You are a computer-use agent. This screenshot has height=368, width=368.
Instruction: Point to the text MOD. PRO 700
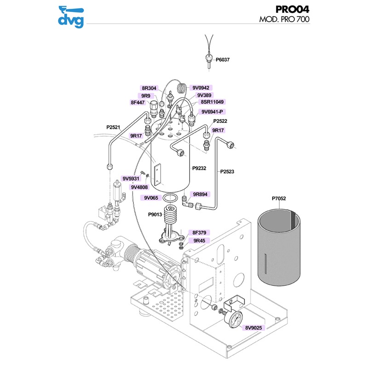pyautogui.click(x=285, y=20)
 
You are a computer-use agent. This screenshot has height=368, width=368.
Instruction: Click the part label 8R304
pyautogui.click(x=149, y=88)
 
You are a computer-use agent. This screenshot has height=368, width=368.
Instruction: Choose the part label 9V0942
pyautogui.click(x=201, y=88)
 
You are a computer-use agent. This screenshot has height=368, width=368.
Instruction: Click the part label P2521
pyautogui.click(x=114, y=127)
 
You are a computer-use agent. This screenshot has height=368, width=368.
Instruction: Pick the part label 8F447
pyautogui.click(x=138, y=103)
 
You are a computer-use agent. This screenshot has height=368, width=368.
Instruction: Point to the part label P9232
pyautogui.click(x=199, y=168)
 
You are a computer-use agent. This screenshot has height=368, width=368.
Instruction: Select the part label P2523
pyautogui.click(x=227, y=172)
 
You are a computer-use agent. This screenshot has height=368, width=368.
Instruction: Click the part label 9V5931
pyautogui.click(x=130, y=178)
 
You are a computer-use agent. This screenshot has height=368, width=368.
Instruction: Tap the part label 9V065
pyautogui.click(x=151, y=198)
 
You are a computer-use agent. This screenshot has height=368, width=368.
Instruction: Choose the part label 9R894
pyautogui.click(x=201, y=195)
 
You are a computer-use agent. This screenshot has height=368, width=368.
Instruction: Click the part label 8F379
pyautogui.click(x=200, y=233)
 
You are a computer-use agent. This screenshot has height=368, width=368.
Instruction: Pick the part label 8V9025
pyautogui.click(x=253, y=328)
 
